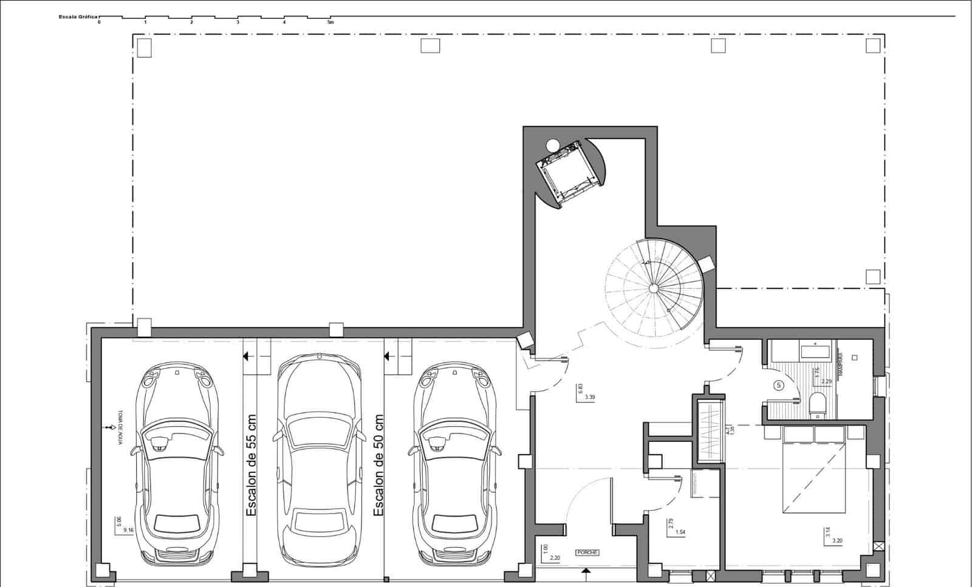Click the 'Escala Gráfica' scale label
(x=78, y=17)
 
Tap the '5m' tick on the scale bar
(x=331, y=22)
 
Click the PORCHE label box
(x=587, y=552)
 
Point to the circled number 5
(x=779, y=385)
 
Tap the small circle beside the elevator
(x=552, y=145)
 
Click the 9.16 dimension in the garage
(x=128, y=530)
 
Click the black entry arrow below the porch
(x=586, y=571)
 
